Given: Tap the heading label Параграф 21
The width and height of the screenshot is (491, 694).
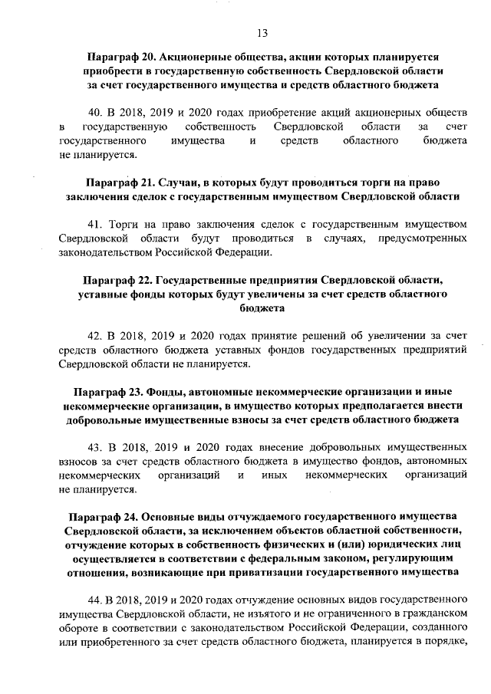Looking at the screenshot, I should click(x=120, y=183).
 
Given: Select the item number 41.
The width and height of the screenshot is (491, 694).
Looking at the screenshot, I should click(x=96, y=224).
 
